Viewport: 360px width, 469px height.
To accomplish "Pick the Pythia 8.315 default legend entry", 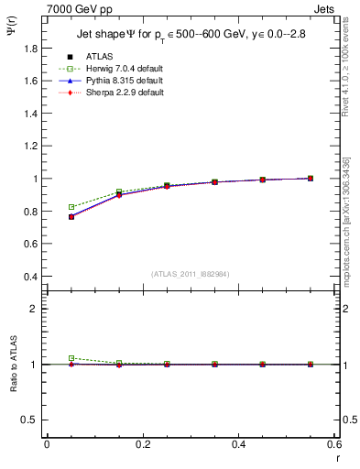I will tap(122, 81).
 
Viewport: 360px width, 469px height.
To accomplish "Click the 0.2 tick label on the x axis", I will tap(142, 443).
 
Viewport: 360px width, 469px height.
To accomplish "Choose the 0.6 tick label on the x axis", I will tap(333, 443).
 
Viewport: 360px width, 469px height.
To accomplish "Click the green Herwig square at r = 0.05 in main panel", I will tap(71, 207).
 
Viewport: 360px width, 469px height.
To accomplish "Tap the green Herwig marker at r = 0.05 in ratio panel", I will tap(71, 358).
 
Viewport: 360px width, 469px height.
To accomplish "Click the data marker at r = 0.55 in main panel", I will tap(311, 179).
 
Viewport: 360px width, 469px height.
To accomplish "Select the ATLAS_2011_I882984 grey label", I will tap(189, 274).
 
